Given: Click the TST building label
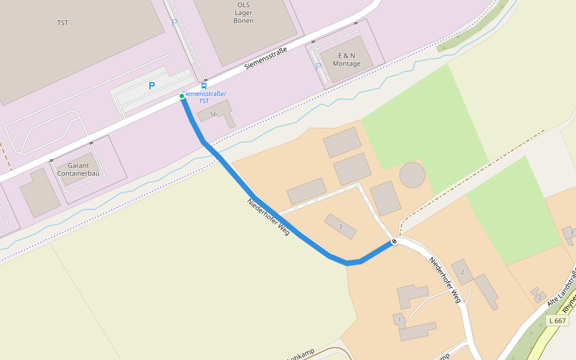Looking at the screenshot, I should point(62,23).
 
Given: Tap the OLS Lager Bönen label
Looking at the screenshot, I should point(243,13).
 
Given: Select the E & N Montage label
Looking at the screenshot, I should point(347,59).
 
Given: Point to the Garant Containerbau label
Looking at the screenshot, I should point(78,170).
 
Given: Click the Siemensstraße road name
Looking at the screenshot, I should point(266,58).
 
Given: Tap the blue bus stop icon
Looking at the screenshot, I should point(204,86).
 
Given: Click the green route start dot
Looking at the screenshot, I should point(182,96).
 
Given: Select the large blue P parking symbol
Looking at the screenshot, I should point(152,86).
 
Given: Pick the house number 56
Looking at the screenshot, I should point(214,114).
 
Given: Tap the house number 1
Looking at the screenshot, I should point(399,320).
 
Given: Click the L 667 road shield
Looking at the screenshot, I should point(557,321).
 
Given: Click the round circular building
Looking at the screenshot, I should point(412,175).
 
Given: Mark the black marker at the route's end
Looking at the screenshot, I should point(394,242).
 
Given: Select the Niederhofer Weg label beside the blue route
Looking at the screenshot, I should point(268,216).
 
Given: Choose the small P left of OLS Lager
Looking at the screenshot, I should point(175,22).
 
